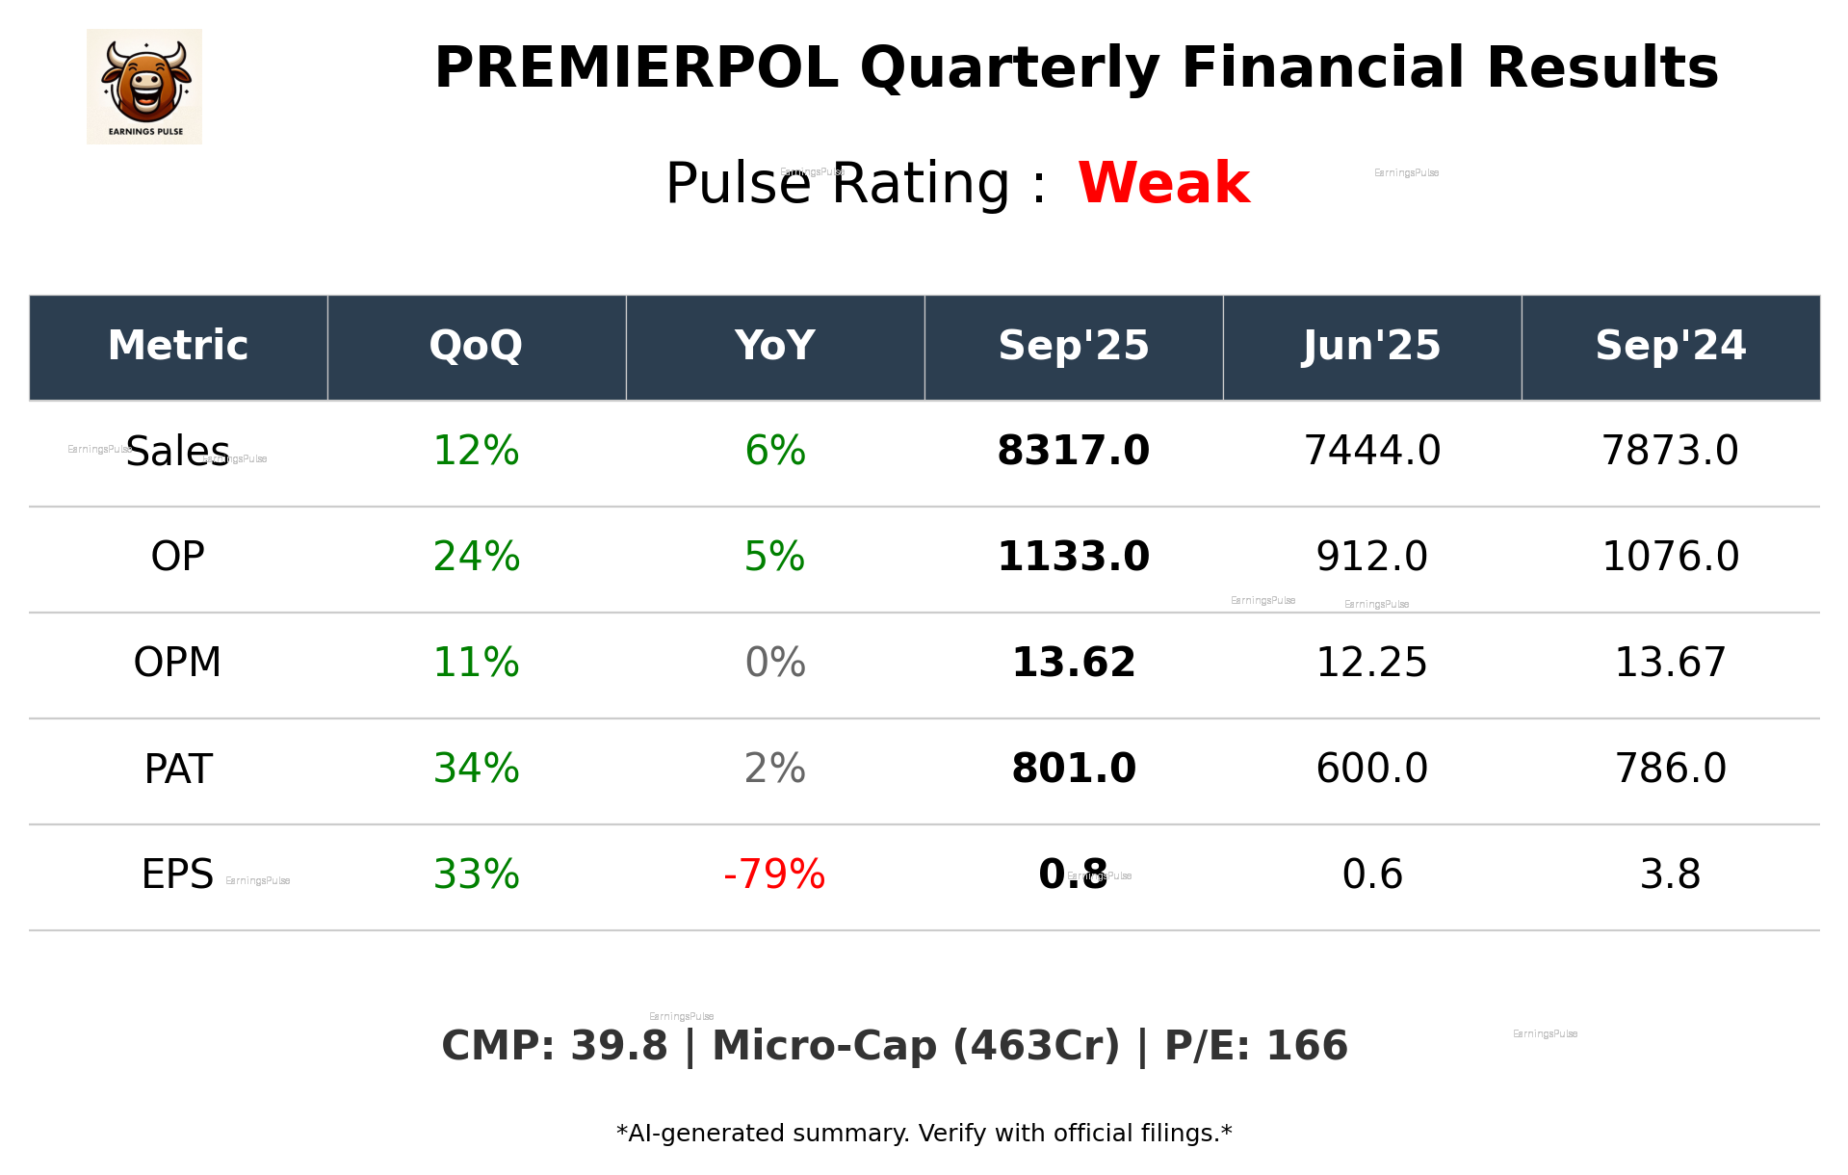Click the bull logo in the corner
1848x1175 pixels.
tap(144, 87)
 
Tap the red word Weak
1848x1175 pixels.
tap(1163, 183)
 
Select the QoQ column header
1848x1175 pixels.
tap(476, 346)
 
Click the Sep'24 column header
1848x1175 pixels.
tap(1670, 346)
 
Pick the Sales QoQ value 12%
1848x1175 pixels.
tap(476, 451)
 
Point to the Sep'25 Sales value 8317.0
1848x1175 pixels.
tap(1073, 451)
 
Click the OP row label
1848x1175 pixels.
tap(178, 557)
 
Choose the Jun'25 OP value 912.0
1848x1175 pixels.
tap(1371, 557)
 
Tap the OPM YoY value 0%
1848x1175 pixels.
tap(774, 663)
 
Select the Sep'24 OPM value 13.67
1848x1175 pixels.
tap(1670, 663)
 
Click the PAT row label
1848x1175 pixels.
tap(178, 769)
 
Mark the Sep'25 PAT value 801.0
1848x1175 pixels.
tap(1073, 769)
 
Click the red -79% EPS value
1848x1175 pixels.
tap(774, 875)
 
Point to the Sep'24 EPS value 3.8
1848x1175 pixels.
tap(1670, 875)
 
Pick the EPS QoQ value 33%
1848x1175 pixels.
tap(476, 875)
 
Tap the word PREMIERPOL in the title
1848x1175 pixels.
tap(636, 68)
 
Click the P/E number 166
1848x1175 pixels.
tap(1306, 1046)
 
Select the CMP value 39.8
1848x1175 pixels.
tap(618, 1046)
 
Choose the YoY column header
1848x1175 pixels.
tap(774, 346)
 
